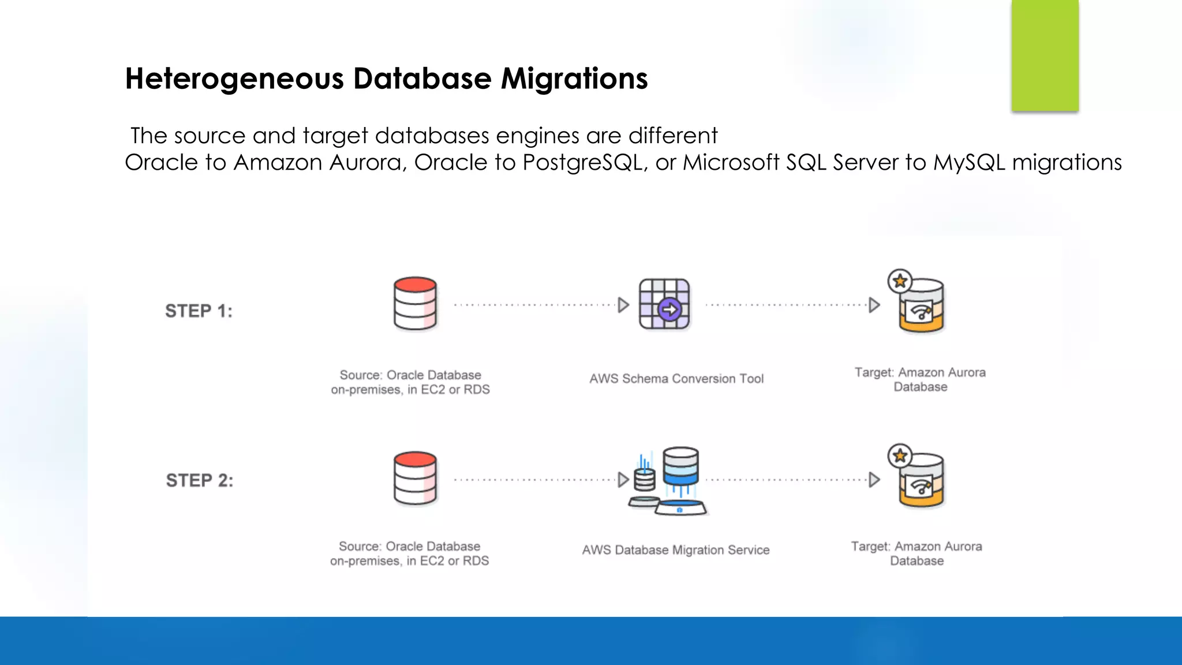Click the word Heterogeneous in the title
pos(234,79)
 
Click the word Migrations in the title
pos(574,79)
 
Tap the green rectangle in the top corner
pos(1045,55)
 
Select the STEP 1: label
pos(199,311)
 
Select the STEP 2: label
pos(200,480)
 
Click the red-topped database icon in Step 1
pos(415,304)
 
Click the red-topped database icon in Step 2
pos(415,479)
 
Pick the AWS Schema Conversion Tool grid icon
pos(664,304)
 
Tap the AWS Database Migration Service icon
pos(669,480)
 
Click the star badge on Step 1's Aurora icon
pos(900,281)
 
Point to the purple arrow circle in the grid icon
pos(669,310)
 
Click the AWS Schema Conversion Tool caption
pos(676,379)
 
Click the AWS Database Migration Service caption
pos(676,550)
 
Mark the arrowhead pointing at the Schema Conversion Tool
pos(623,305)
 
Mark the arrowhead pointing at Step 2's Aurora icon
pos(874,480)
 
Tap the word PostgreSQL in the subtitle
pos(583,163)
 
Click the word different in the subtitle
pos(673,136)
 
